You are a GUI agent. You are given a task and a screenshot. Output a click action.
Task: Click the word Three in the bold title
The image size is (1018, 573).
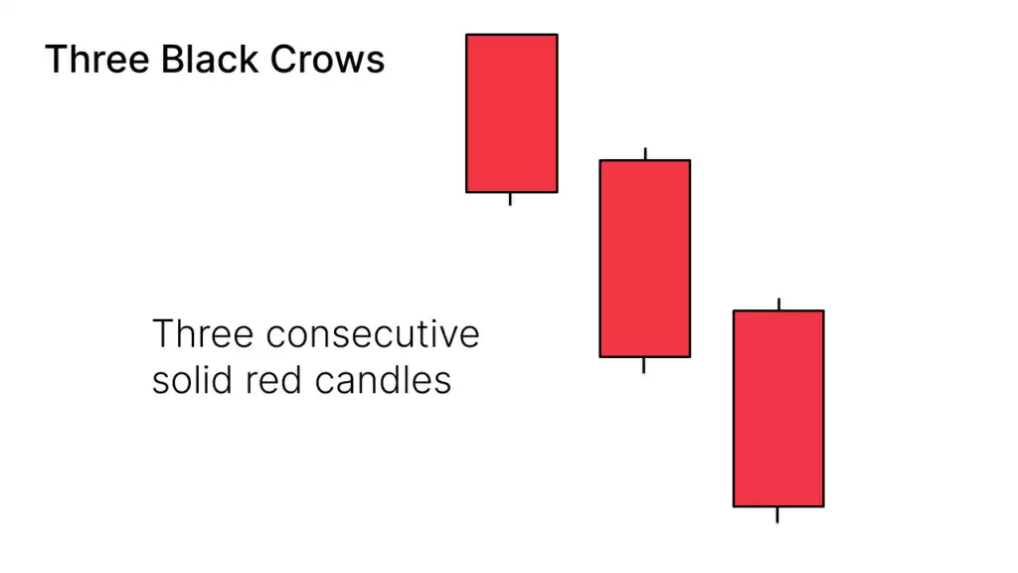coord(97,59)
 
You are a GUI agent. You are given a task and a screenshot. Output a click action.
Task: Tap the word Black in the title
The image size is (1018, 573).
coord(210,59)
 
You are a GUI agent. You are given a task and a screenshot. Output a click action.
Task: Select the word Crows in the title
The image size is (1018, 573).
coord(327,59)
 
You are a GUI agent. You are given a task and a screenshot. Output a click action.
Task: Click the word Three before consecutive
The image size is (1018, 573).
coord(203,334)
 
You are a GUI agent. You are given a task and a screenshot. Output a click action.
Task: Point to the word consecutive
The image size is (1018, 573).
coord(373,334)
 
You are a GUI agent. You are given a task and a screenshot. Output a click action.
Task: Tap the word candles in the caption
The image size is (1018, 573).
coord(383,381)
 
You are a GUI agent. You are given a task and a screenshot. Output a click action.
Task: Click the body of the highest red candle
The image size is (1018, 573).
coord(512,113)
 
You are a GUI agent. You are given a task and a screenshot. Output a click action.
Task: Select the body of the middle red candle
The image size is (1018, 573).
coord(644,259)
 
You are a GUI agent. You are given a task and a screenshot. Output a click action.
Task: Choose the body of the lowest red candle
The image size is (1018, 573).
coord(778,409)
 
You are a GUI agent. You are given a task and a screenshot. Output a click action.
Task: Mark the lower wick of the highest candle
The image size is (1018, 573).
coord(510,199)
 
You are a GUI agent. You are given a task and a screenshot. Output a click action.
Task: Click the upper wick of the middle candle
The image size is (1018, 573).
coord(645,153)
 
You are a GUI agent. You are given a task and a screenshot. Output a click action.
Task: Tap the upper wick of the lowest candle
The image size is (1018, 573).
coord(779,304)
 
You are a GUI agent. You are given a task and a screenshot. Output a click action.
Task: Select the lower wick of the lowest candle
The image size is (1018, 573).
coord(777,515)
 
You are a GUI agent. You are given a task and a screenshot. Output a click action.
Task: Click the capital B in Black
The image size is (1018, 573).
coord(172,59)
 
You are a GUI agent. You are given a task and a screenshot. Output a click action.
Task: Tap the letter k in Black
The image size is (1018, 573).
coord(249,59)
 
